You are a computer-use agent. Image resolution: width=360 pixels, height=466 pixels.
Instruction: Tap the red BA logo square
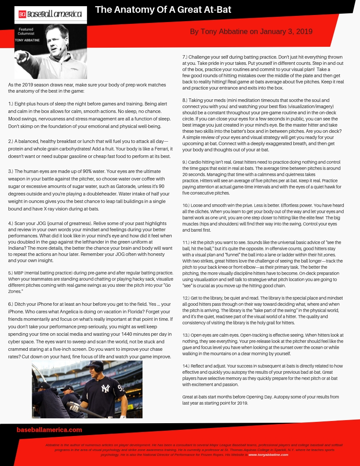tap(22, 15)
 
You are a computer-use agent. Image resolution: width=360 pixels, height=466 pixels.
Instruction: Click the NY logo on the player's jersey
tap(105, 388)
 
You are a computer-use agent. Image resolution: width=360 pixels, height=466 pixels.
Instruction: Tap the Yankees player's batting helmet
tap(96, 366)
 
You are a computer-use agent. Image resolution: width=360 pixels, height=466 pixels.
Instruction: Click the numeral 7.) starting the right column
tap(185, 57)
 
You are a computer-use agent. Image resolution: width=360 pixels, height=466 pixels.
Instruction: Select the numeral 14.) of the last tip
tap(187, 366)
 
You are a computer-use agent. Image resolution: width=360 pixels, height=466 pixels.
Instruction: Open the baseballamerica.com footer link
tap(49, 430)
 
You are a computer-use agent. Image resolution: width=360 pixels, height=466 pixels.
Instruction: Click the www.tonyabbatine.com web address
tap(268, 455)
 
